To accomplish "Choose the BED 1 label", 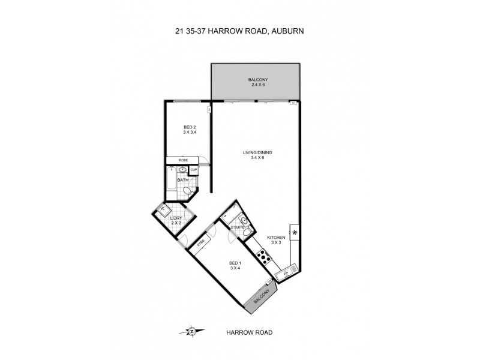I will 235,265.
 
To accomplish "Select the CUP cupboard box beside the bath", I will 194,170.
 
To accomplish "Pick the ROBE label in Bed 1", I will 200,241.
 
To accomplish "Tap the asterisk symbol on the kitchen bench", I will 294,232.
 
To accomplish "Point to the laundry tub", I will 163,210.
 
